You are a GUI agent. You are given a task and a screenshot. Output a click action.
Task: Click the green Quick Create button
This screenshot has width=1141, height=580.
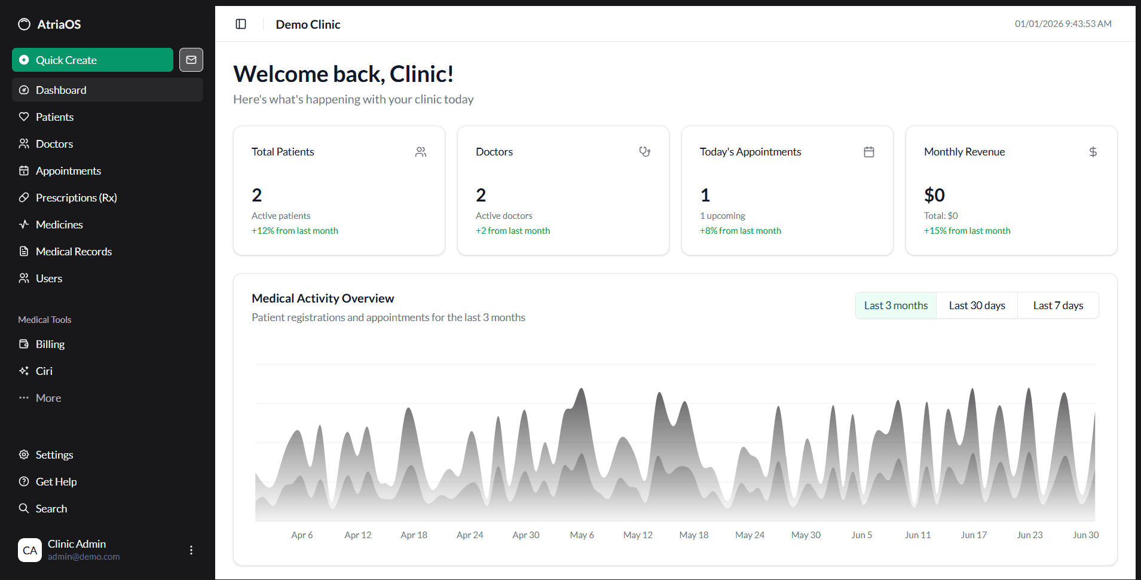pos(92,60)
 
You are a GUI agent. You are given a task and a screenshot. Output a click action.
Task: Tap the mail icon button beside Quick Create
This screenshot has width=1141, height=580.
pos(191,60)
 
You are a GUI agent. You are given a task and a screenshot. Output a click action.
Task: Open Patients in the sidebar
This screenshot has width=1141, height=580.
pos(54,117)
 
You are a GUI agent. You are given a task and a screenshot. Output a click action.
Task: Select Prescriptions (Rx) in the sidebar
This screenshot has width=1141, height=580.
pos(76,198)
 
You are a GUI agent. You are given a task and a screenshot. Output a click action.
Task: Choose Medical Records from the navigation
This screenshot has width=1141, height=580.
pos(74,252)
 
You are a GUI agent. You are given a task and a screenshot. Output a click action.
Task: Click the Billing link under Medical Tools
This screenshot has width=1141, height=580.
pos(50,344)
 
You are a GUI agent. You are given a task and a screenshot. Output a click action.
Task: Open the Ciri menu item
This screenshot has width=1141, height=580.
pos(44,371)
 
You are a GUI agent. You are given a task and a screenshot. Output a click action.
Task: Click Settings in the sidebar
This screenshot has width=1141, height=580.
pos(54,455)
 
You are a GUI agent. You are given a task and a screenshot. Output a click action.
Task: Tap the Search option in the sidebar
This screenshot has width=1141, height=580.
pos(51,509)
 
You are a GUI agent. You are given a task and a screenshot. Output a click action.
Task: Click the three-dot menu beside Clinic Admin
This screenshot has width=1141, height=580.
pos(191,550)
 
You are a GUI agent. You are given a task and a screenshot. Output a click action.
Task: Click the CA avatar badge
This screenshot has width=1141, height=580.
pos(30,550)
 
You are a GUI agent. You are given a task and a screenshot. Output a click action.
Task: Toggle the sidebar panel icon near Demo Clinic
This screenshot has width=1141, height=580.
pos(241,24)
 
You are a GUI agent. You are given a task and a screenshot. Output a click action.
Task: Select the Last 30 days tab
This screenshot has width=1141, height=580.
pos(977,306)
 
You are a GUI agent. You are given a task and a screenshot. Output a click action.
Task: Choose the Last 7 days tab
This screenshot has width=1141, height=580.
pos(1058,306)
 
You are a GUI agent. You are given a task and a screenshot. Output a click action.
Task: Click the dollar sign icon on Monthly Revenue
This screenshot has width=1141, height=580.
pos(1093,152)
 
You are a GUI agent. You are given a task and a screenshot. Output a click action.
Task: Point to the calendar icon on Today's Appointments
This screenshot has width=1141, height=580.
pos(869,152)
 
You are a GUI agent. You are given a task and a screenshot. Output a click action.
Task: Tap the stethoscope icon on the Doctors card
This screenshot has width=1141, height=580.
pos(644,152)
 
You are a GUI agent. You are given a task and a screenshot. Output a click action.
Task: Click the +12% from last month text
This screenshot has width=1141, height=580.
pos(295,231)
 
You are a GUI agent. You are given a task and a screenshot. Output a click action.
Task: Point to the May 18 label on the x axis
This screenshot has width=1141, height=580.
pos(693,535)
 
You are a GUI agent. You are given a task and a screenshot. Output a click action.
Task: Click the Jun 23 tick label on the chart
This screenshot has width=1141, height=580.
pos(1029,535)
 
